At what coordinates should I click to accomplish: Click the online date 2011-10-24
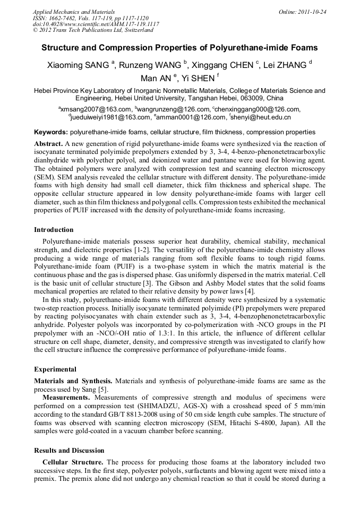pyautogui.click(x=312, y=11)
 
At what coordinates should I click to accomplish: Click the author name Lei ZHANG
pyautogui.click(x=287, y=65)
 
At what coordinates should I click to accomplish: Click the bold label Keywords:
pyautogui.click(x=51, y=132)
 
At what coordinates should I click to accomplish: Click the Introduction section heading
pyautogui.click(x=54, y=230)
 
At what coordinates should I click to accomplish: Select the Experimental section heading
pyautogui.click(x=55, y=369)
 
